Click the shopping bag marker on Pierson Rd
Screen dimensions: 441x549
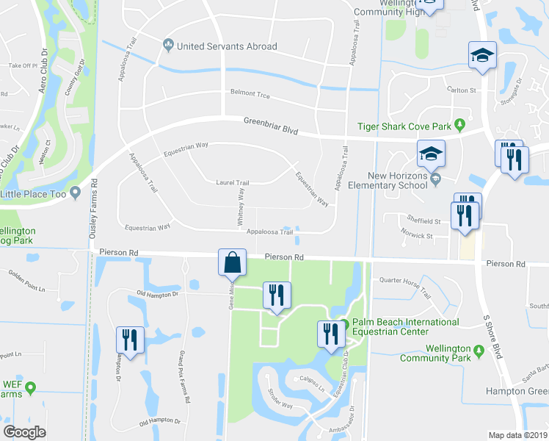(232, 262)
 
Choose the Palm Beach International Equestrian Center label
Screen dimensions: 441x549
(405, 327)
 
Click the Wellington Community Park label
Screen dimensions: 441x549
(436, 354)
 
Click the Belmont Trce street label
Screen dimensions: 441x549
(250, 95)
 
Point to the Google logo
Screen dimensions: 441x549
(24, 431)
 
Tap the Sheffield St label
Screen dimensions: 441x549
(423, 220)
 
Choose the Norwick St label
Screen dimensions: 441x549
(415, 237)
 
